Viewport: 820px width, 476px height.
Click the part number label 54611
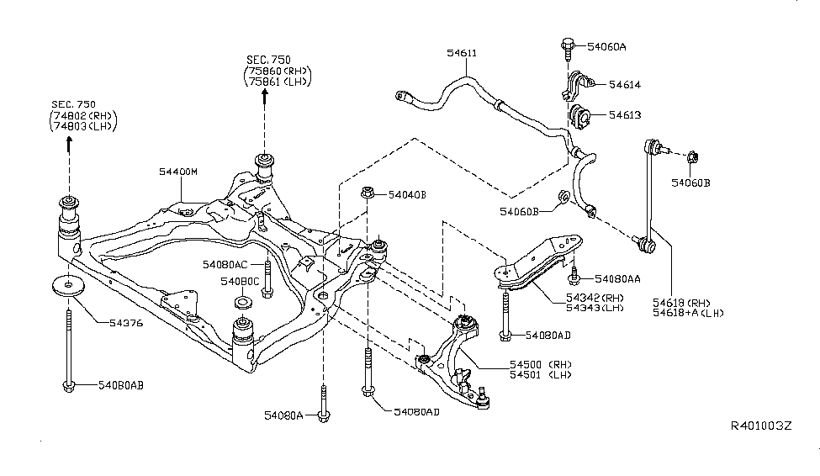(x=462, y=54)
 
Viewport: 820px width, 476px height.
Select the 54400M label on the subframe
(x=177, y=171)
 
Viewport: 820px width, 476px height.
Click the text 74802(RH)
(x=83, y=115)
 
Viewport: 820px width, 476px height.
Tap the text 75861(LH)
(x=278, y=82)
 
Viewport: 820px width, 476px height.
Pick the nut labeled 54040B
(x=368, y=194)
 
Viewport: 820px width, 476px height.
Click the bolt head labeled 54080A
(x=324, y=415)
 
